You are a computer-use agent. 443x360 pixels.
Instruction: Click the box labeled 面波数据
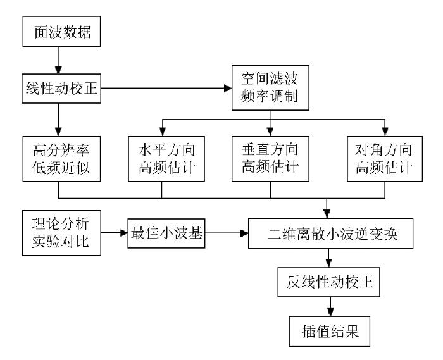(61, 32)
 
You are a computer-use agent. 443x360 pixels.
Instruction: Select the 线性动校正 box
(61, 89)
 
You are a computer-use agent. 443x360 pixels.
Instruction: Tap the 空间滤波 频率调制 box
(270, 88)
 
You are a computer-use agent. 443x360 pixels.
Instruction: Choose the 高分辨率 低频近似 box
(61, 159)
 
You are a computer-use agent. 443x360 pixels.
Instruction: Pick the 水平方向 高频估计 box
(166, 159)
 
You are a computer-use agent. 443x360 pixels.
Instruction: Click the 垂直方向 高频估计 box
(270, 159)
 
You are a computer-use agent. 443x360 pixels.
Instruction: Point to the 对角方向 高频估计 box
(385, 159)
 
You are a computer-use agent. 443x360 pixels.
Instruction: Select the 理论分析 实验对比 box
(61, 233)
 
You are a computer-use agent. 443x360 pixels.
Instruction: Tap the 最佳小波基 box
(166, 233)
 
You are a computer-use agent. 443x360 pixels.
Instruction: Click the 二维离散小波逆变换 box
(330, 233)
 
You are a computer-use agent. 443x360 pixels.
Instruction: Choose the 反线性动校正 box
(329, 282)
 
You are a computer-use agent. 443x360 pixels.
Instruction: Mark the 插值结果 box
(330, 331)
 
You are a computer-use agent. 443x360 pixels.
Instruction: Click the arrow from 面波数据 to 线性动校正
(58, 61)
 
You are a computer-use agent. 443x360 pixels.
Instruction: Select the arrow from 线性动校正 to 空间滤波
(166, 89)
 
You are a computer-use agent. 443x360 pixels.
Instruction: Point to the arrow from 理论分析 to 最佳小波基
(115, 233)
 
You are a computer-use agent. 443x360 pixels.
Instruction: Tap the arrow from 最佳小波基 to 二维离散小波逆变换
(227, 233)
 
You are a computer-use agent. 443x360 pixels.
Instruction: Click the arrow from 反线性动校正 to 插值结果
(330, 307)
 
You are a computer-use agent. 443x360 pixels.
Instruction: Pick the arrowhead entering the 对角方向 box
(385, 132)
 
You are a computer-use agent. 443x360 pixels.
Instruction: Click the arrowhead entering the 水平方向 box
(163, 132)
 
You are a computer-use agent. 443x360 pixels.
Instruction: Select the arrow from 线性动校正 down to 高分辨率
(58, 120)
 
